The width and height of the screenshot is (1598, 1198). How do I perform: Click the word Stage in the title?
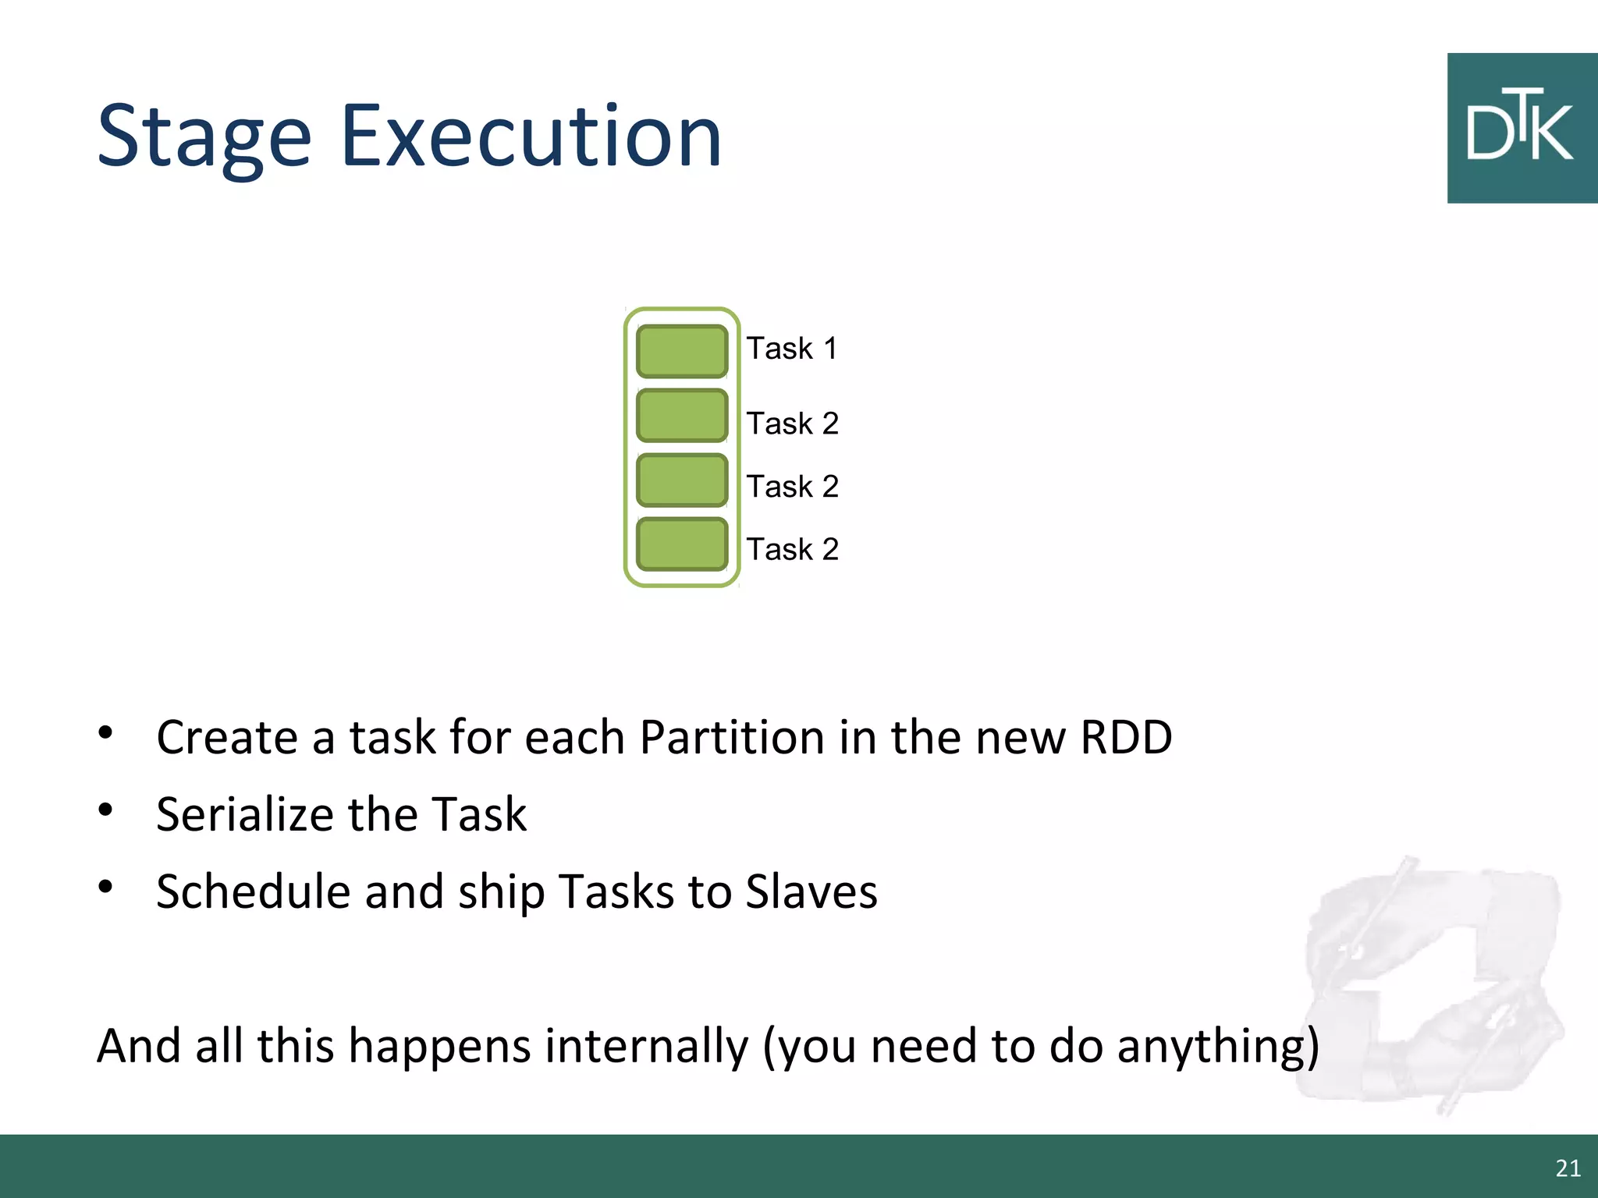[x=204, y=139]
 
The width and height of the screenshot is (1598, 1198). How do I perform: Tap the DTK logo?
[x=1521, y=129]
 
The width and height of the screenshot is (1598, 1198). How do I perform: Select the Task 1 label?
[x=792, y=349]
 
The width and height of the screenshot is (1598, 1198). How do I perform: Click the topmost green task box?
[x=682, y=352]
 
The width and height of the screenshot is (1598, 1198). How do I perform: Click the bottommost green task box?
[x=682, y=544]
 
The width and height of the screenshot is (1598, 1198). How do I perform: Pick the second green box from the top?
[x=682, y=416]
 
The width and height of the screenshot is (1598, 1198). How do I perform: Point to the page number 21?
[x=1568, y=1168]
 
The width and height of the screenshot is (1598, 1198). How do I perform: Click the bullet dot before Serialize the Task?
[x=106, y=810]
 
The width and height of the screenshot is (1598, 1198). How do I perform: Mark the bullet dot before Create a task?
[x=106, y=733]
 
